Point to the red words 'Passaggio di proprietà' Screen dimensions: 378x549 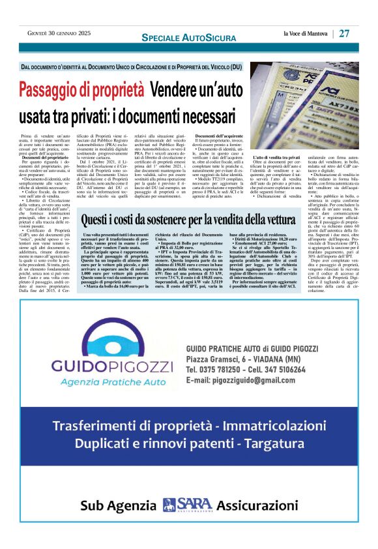click(x=81, y=89)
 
